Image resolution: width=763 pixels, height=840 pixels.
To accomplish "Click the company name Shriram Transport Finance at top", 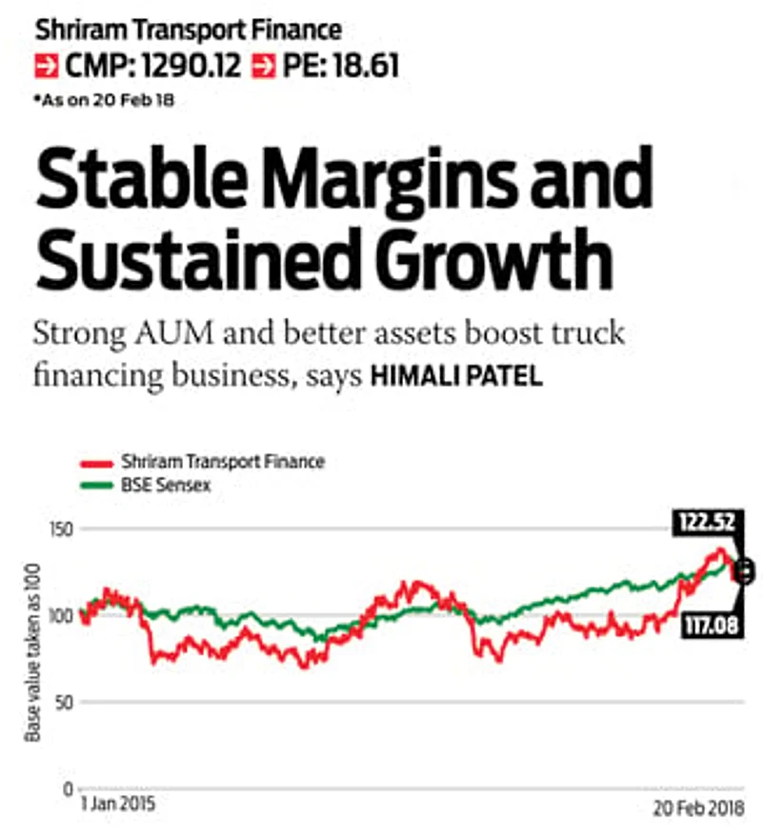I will tap(188, 30).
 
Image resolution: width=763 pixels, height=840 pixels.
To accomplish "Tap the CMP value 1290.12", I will tap(186, 67).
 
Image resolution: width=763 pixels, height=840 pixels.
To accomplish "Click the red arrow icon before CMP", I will tap(45, 68).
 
